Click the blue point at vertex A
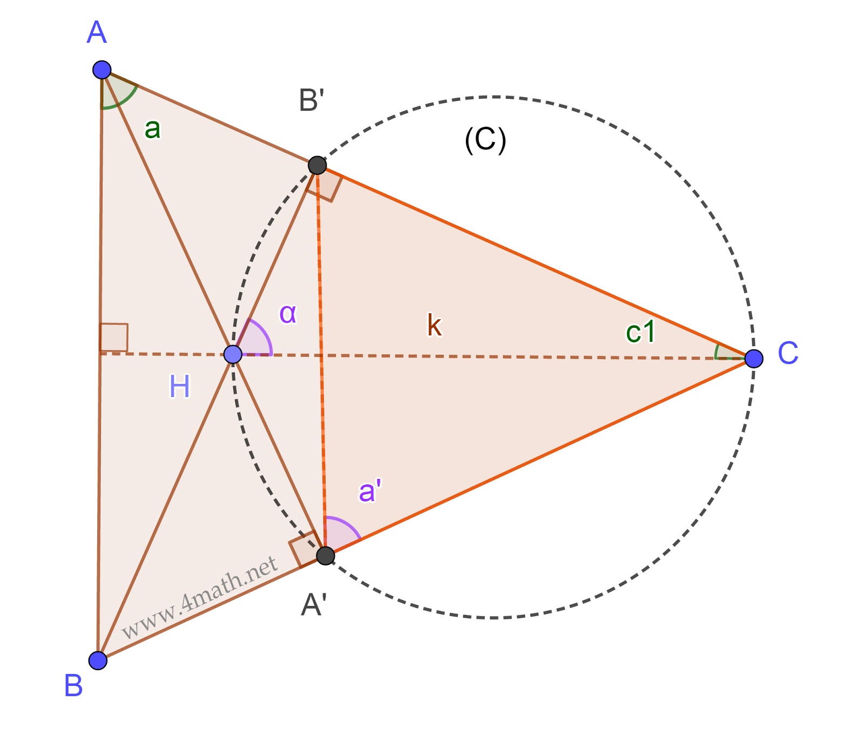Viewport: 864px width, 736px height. coord(102,70)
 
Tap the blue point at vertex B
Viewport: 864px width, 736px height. coord(98,660)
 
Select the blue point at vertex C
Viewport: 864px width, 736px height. coord(753,358)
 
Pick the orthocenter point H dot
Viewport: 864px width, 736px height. coord(233,354)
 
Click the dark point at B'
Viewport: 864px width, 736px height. coord(318,165)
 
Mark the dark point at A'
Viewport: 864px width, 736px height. coord(325,555)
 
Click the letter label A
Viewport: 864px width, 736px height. coord(97,33)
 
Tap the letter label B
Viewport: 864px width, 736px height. coord(73,686)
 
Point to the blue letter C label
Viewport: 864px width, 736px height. coord(787,354)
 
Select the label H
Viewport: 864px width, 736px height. coord(180,387)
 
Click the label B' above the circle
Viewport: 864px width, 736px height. coord(312,101)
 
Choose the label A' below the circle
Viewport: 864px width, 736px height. coord(314,605)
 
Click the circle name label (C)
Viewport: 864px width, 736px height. coord(485,140)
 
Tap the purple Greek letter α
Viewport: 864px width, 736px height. coord(288,313)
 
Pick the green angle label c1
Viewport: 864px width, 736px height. coord(640,332)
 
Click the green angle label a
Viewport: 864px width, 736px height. coord(152,129)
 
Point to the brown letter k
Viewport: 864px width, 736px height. coord(434,326)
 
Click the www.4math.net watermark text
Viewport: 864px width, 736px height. coord(200,598)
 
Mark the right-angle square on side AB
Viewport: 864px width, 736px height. coord(114,337)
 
